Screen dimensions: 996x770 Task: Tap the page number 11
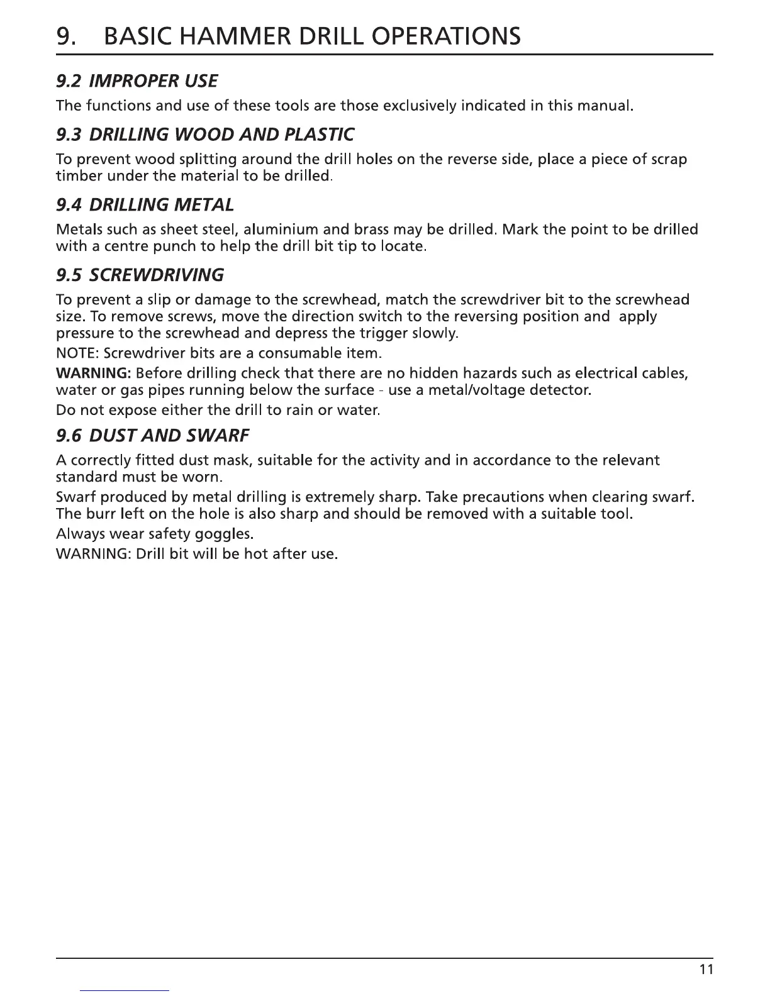[x=706, y=969]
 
